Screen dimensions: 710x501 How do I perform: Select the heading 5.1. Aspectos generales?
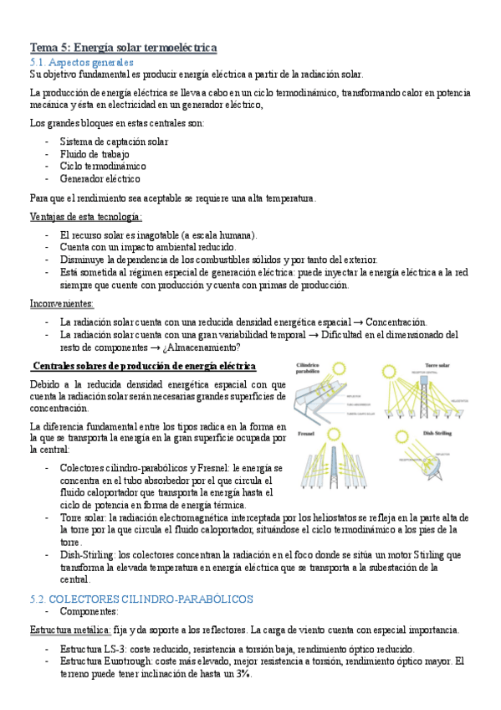click(x=81, y=62)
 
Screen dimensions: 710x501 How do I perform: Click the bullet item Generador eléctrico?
click(x=100, y=178)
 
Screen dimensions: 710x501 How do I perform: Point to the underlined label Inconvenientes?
click(x=62, y=303)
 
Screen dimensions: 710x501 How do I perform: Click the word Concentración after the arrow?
click(x=396, y=322)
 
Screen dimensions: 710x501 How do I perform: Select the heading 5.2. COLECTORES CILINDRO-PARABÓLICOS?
click(x=141, y=599)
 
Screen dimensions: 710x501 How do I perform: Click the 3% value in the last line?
click(x=243, y=674)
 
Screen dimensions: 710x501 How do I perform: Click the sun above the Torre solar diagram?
click(x=390, y=371)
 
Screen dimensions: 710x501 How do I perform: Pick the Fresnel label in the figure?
click(x=304, y=435)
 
